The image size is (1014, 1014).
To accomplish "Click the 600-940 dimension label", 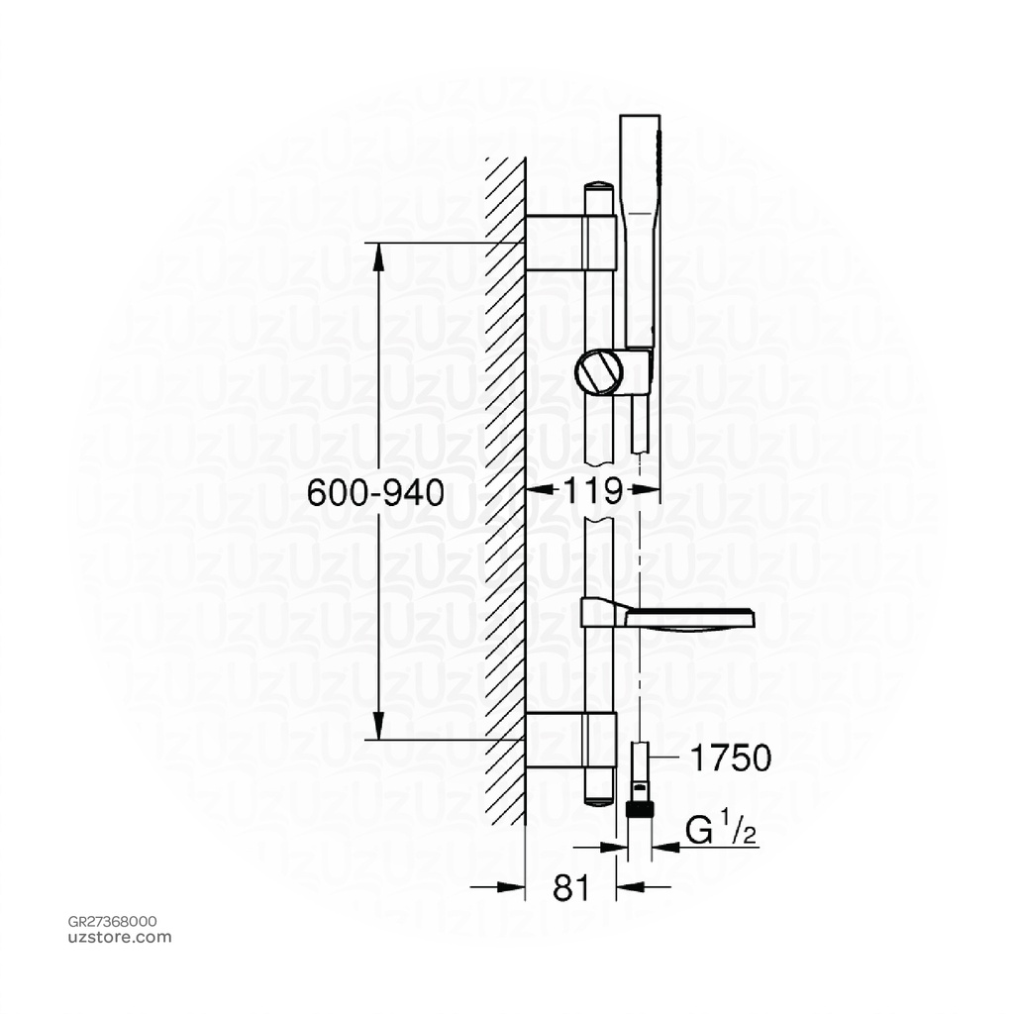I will tap(375, 492).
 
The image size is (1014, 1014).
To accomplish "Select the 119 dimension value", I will tap(592, 490).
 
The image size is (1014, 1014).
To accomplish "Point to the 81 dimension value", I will tap(570, 888).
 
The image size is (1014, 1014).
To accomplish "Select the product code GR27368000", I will tap(111, 922).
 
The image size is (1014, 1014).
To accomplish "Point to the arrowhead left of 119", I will tap(534, 490).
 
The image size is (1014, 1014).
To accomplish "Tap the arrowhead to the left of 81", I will tap(514, 888).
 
